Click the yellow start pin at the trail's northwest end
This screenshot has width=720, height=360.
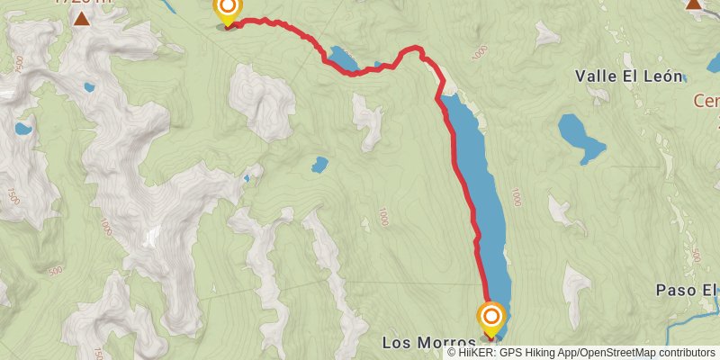(x=227, y=11)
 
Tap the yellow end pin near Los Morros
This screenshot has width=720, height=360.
(x=491, y=317)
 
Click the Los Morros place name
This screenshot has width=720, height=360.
(x=428, y=343)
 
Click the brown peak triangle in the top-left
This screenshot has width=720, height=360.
(x=82, y=18)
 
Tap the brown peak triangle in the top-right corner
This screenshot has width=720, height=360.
(x=694, y=4)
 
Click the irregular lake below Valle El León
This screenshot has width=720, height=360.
(x=580, y=136)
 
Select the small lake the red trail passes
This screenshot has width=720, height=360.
(x=343, y=60)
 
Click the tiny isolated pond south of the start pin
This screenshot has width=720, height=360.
(x=319, y=165)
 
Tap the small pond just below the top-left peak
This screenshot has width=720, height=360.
(x=88, y=87)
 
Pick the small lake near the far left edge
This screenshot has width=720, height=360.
(x=23, y=129)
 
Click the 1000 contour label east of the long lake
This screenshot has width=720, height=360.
(x=515, y=195)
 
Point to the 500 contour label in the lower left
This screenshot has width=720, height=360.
(x=54, y=271)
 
